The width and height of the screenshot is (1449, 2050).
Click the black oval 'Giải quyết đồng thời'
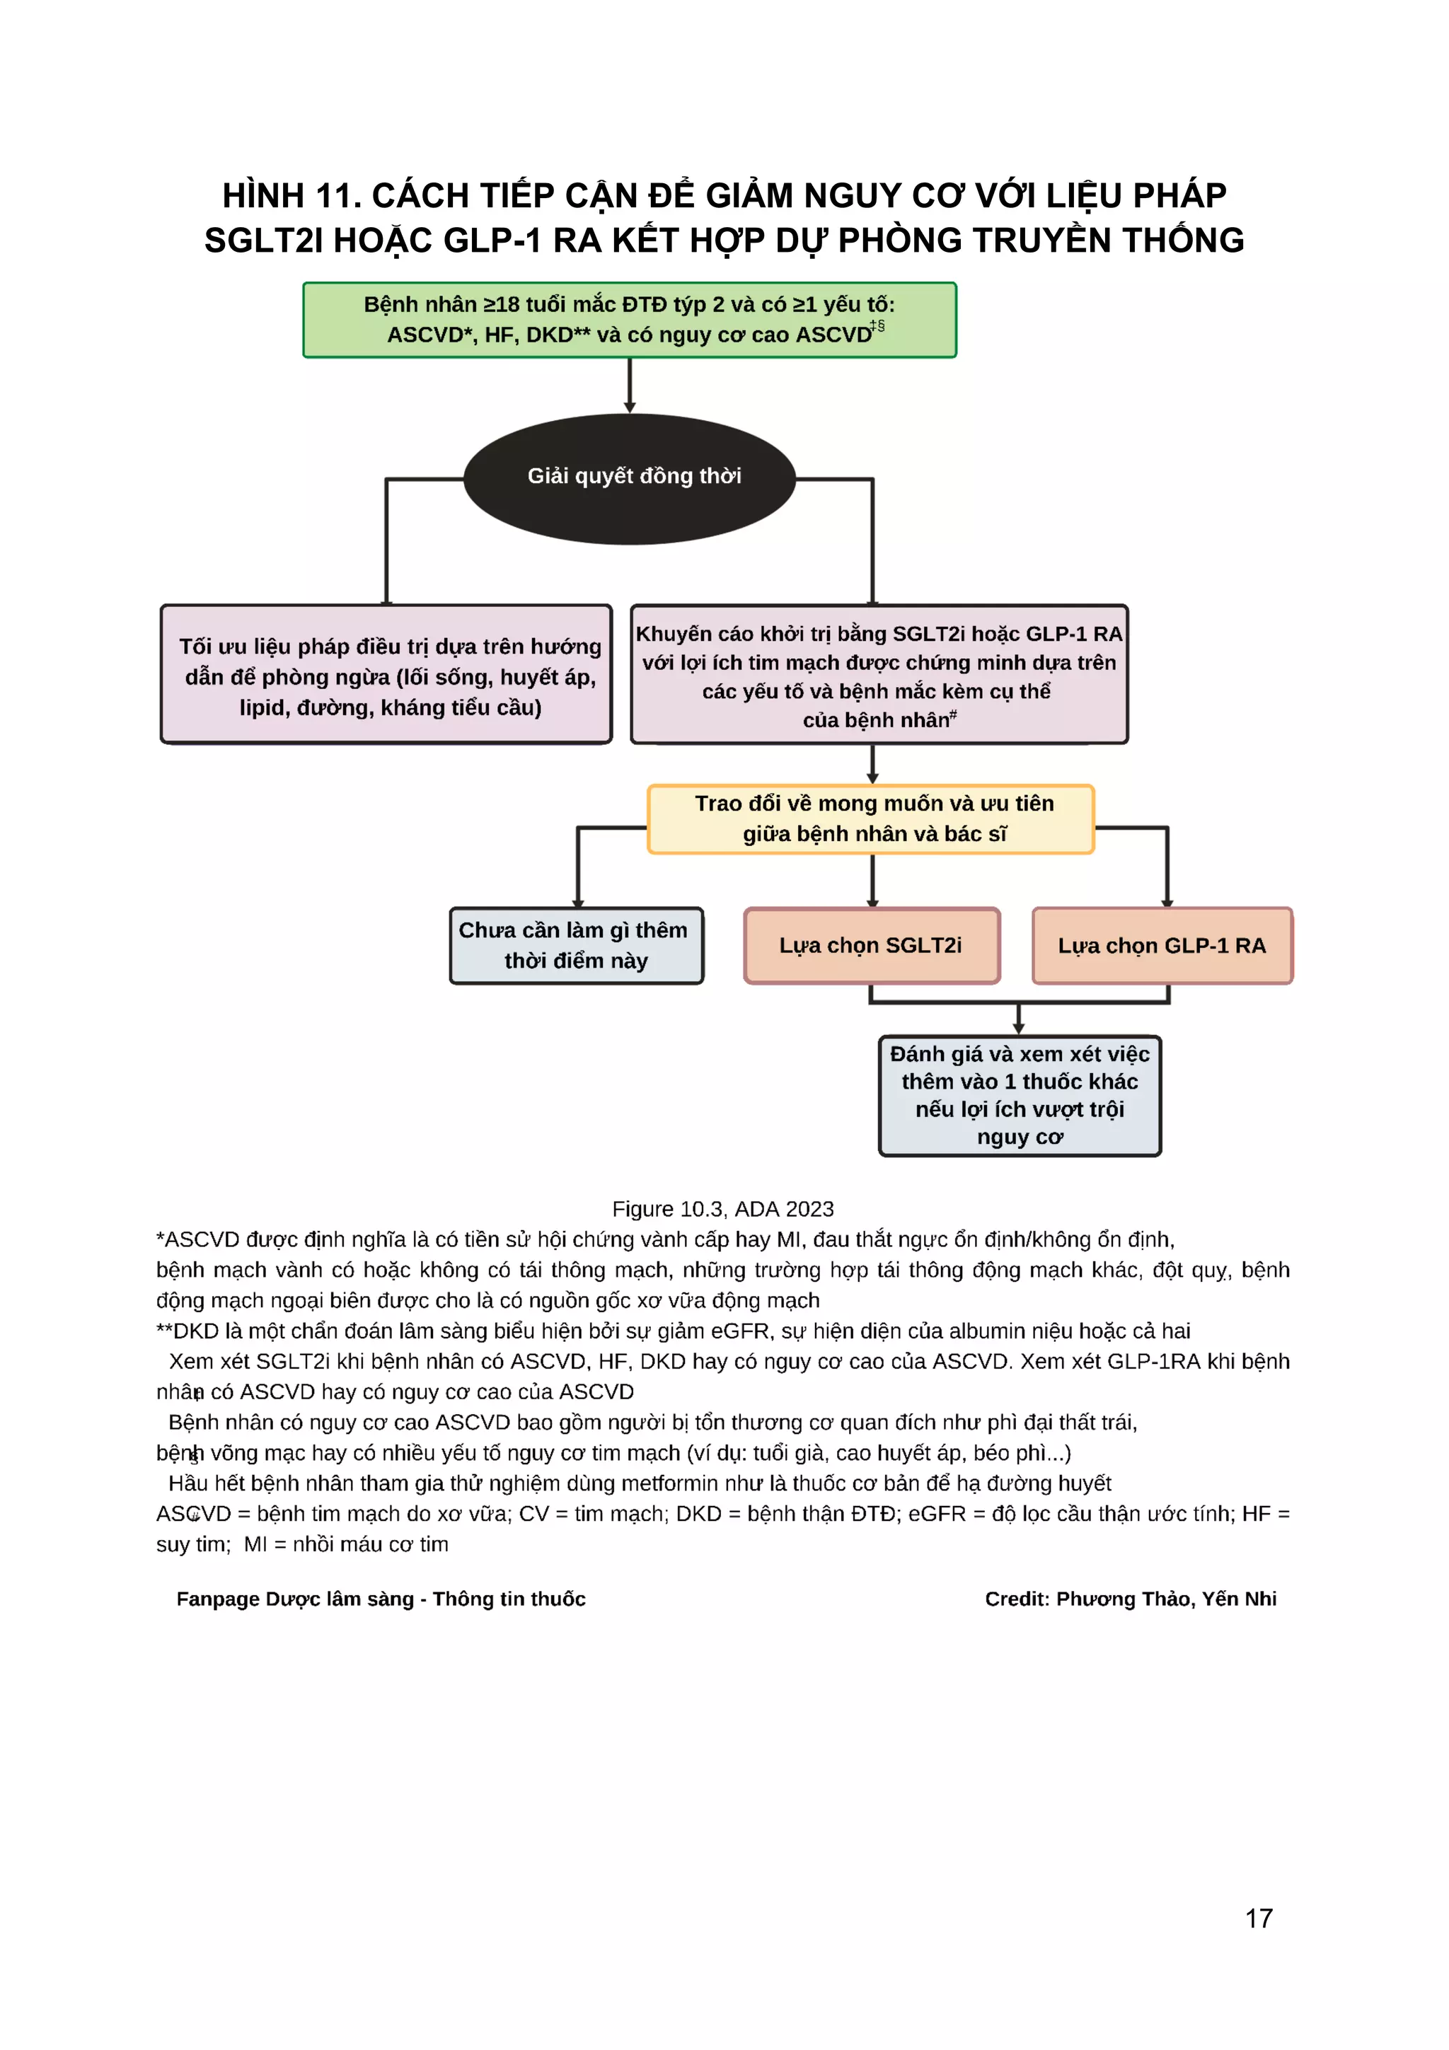pyautogui.click(x=630, y=479)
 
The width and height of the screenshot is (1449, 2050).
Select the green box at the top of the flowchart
pyautogui.click(x=630, y=320)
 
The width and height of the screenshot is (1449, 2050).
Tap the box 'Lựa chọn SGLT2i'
pyautogui.click(x=872, y=946)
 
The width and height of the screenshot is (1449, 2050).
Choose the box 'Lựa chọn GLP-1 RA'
pyautogui.click(x=1162, y=946)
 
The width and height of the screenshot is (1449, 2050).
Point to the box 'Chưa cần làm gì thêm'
pyautogui.click(x=576, y=946)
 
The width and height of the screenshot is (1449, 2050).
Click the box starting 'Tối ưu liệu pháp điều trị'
pyautogui.click(x=386, y=675)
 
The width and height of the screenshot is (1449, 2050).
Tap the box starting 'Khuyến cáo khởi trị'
pyautogui.click(x=879, y=675)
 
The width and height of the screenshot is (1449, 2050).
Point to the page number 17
pyautogui.click(x=1259, y=1918)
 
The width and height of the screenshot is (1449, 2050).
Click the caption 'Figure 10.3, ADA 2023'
pyautogui.click(x=722, y=1209)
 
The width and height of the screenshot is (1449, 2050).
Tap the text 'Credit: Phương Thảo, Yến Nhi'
pyautogui.click(x=1131, y=1598)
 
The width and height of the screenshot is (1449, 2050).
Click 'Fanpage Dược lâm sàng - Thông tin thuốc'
pyautogui.click(x=381, y=1598)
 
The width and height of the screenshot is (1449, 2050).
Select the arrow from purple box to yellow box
pyautogui.click(x=872, y=764)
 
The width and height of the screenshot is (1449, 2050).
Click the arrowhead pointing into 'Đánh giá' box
pyautogui.click(x=1019, y=1029)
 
